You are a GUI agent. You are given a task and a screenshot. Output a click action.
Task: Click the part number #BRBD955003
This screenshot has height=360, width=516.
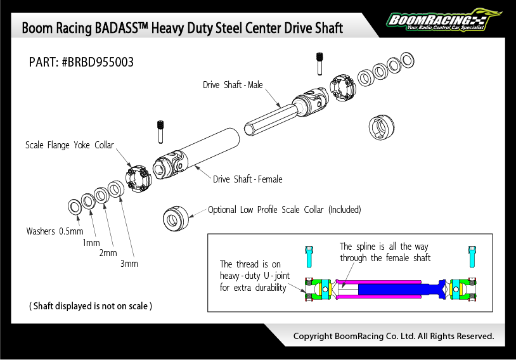click(81, 62)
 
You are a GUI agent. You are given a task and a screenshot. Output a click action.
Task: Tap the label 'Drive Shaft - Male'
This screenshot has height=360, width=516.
click(233, 85)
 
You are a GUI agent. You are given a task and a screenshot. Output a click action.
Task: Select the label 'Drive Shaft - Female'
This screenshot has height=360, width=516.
click(247, 179)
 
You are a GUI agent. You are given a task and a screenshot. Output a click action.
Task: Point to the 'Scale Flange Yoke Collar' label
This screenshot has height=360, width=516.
click(70, 145)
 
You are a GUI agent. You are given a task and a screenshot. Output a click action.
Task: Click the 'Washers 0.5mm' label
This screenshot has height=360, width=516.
click(55, 231)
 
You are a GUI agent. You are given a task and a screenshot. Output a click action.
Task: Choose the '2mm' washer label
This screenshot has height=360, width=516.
click(108, 253)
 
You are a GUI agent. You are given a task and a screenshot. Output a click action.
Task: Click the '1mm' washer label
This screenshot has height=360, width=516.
click(91, 243)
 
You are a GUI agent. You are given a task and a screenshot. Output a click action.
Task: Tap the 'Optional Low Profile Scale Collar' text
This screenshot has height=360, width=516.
click(284, 210)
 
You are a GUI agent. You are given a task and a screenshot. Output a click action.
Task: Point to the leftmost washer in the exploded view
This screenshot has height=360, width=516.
click(74, 205)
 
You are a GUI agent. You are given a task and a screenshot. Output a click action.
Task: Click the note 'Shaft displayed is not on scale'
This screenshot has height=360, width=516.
click(91, 306)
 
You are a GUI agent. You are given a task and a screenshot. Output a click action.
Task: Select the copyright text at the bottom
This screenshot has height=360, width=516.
click(393, 336)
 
